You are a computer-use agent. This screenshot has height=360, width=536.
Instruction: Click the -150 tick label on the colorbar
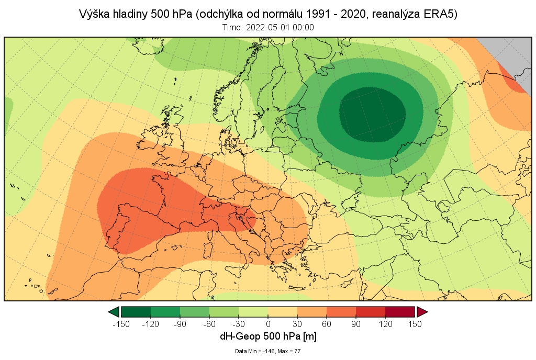(121, 323)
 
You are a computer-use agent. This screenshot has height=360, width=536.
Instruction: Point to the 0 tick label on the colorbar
(268, 323)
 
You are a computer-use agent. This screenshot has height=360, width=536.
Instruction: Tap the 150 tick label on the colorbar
(415, 323)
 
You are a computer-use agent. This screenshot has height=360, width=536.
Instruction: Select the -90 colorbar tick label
(180, 323)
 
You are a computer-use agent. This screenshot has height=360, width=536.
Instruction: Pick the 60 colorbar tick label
(327, 323)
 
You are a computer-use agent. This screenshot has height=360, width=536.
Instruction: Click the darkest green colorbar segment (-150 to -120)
(136, 312)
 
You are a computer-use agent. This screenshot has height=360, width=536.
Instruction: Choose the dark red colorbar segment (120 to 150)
(400, 312)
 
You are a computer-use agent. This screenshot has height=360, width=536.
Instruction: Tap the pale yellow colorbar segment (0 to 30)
(283, 312)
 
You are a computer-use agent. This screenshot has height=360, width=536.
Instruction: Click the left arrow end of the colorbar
(114, 312)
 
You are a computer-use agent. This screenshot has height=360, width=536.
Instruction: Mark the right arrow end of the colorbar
(422, 312)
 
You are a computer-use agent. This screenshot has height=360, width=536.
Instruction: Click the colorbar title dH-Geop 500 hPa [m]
(268, 336)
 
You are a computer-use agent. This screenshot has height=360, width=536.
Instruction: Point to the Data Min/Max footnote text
(268, 351)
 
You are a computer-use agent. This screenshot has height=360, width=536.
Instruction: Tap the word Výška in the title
(93, 14)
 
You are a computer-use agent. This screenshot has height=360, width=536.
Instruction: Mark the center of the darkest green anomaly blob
(373, 114)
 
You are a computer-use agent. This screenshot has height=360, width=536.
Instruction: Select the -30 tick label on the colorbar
(239, 323)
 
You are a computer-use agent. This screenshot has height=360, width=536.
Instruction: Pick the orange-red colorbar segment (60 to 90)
(341, 312)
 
